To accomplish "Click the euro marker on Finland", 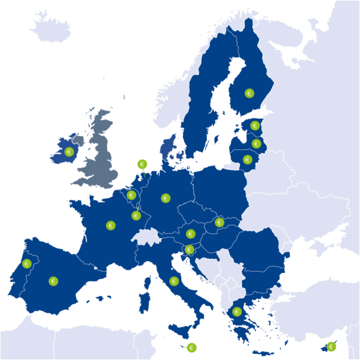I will (x=250, y=94).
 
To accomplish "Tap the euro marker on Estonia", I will (x=255, y=126).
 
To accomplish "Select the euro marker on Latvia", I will (x=257, y=144).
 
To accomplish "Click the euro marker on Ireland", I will (x=69, y=152).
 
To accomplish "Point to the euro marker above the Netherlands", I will (x=142, y=164).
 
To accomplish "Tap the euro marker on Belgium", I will (x=131, y=195).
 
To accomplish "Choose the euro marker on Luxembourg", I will (x=136, y=215).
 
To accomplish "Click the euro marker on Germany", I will (x=166, y=198).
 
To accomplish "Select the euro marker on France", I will (x=111, y=226).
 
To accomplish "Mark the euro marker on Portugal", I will (x=26, y=263).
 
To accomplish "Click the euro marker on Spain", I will (x=53, y=281).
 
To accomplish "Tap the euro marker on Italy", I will (x=175, y=281).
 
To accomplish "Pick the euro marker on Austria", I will (x=191, y=234).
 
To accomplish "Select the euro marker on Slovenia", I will (x=190, y=250).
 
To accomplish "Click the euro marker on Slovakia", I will (x=220, y=223).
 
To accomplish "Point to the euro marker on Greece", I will (x=237, y=312).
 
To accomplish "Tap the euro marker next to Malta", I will (x=192, y=347).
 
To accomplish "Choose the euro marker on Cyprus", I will (x=331, y=346).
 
